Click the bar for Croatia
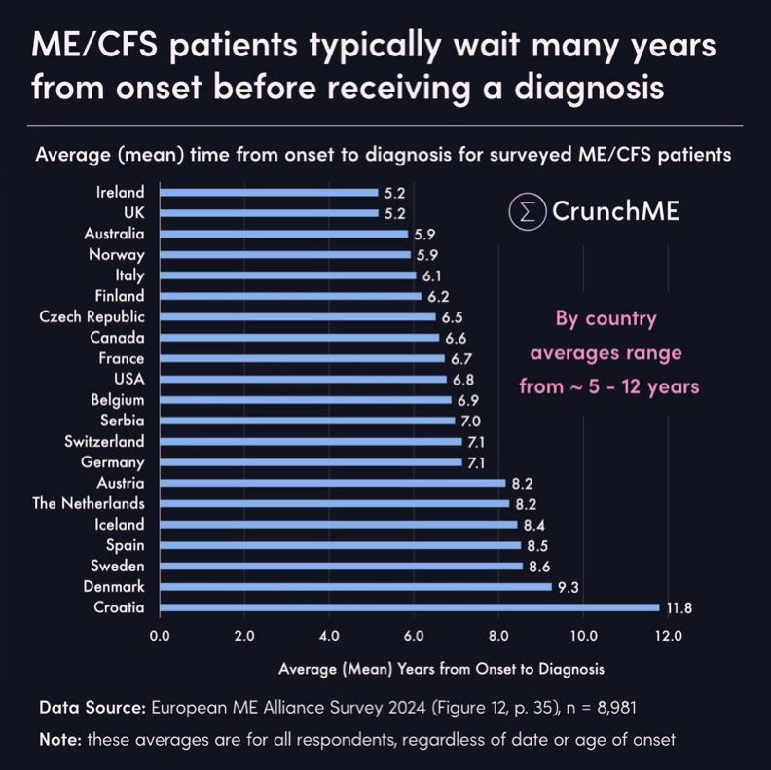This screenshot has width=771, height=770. coord(409,607)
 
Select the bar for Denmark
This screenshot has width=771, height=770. coord(355,587)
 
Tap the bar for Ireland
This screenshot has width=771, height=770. coord(269,192)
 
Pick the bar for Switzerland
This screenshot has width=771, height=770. coord(310,441)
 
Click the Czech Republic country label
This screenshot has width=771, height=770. coord(92,316)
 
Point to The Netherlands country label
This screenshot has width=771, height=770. coord(88,503)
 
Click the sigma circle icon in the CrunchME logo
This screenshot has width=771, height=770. coord(528,210)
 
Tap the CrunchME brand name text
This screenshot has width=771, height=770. coord(615,210)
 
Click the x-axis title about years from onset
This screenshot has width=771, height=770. coord(441,669)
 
